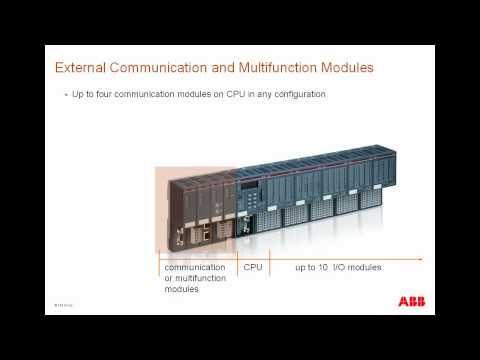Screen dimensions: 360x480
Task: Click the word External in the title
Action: [79, 68]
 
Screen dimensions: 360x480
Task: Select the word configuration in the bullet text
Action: [301, 94]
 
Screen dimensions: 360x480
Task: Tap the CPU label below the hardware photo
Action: [252, 268]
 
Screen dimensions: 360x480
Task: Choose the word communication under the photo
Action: [196, 268]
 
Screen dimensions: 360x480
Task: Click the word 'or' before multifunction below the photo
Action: [168, 279]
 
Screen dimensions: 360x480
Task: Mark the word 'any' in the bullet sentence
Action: [265, 94]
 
